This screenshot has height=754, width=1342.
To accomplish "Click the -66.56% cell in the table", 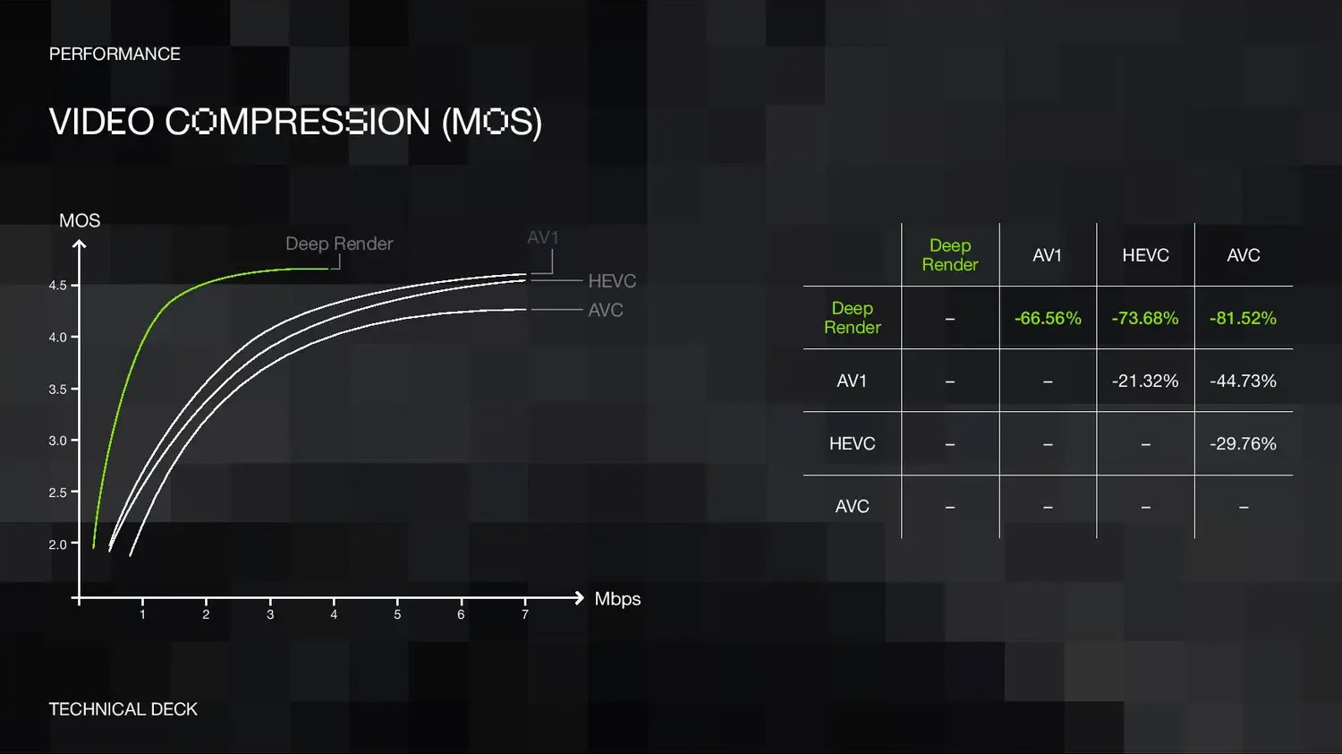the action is [1048, 318].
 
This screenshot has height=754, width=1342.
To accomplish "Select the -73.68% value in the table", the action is [1145, 318].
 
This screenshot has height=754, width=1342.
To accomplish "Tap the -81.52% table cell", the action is [1244, 318].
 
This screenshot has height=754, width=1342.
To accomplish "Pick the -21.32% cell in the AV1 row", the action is [1145, 381].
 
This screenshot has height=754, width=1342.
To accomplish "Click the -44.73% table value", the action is [1244, 381].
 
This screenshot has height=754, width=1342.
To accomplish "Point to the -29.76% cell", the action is [1244, 444].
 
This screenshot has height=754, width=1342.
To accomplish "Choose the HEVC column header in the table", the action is [1145, 255].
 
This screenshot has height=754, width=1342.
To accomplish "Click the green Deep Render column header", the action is [950, 255].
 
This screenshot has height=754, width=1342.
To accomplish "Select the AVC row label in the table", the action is [852, 506].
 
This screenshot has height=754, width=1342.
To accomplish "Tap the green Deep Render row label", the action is [853, 318].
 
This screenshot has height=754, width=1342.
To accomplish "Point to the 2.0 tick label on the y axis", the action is [57, 544].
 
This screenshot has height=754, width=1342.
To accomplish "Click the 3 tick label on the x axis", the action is [270, 614].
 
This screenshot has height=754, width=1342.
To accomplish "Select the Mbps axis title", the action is [617, 599].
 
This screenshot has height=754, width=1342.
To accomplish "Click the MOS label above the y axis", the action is [80, 221].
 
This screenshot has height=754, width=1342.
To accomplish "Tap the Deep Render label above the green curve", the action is [339, 244].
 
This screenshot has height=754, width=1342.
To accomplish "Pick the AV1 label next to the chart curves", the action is [543, 237].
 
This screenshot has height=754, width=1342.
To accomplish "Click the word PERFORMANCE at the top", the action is [115, 54].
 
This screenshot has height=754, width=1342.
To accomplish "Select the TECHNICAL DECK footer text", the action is [123, 709].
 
